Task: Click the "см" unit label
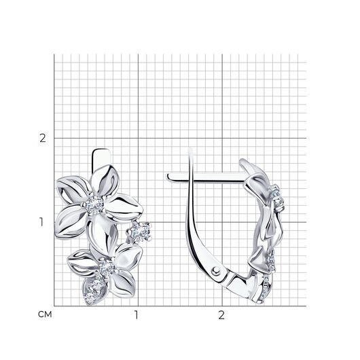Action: pyautogui.click(x=45, y=314)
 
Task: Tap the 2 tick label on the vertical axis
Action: pyautogui.click(x=43, y=138)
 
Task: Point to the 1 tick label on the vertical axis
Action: pyautogui.click(x=41, y=222)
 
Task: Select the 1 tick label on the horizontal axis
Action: pyautogui.click(x=137, y=315)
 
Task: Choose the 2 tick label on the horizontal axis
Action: pyautogui.click(x=221, y=315)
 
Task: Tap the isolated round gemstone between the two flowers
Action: pyautogui.click(x=140, y=232)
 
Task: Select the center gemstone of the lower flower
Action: pyautogui.click(x=106, y=267)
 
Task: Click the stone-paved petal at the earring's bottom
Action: pyautogui.click(x=94, y=289)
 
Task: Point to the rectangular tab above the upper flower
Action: pyautogui.click(x=101, y=158)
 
